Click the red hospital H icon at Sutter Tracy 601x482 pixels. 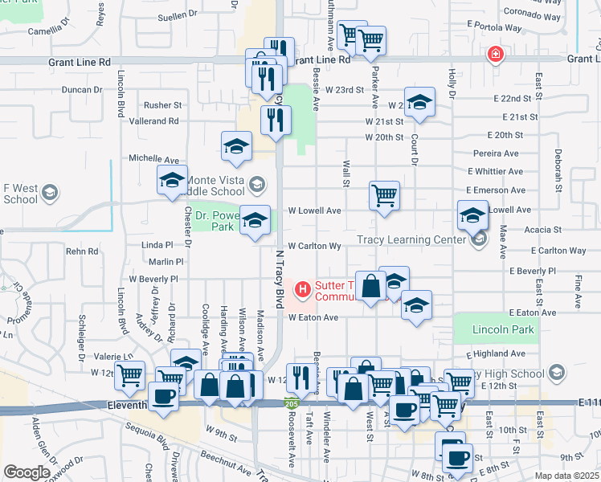[303, 288]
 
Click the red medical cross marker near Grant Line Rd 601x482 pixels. [497, 55]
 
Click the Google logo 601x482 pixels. [27, 472]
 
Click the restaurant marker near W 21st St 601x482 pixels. [276, 120]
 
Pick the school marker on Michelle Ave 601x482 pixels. [236, 146]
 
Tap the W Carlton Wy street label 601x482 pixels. [315, 247]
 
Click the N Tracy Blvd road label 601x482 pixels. [280, 278]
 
